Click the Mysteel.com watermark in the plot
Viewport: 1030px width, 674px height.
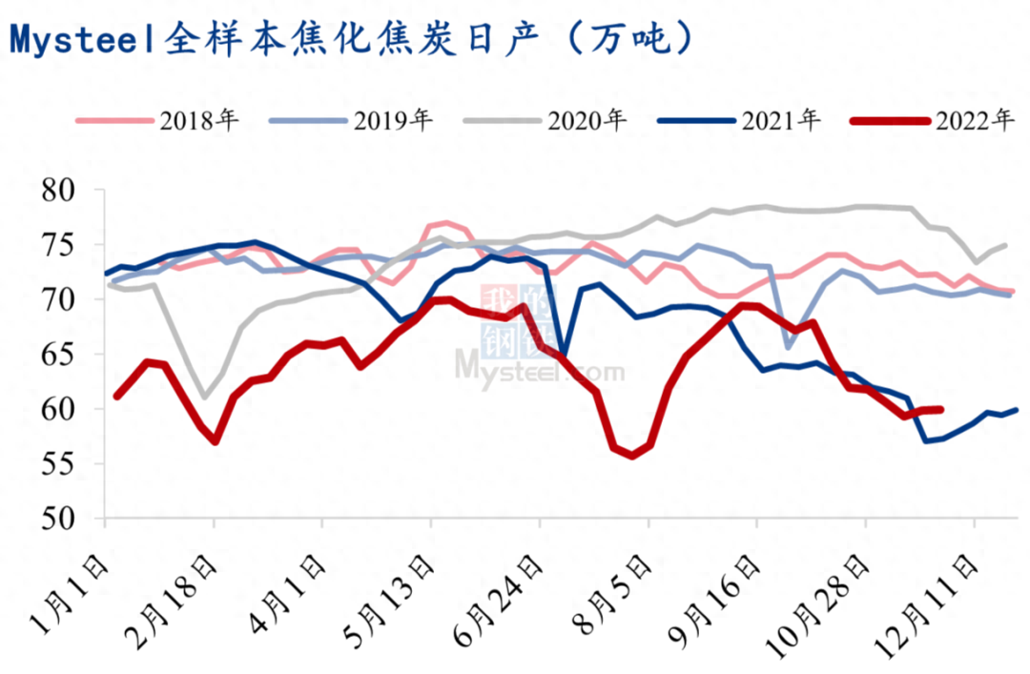540,365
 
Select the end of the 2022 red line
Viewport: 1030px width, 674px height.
940,410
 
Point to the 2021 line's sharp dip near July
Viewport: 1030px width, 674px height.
564,358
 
